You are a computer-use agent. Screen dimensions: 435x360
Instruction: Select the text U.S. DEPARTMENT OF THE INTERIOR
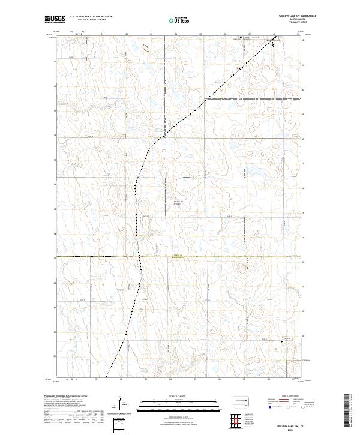91,17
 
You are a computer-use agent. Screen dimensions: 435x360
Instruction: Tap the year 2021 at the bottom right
290,429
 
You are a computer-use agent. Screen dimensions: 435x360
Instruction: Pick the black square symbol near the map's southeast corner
283,342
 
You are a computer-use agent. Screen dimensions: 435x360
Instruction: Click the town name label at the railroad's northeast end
274,41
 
